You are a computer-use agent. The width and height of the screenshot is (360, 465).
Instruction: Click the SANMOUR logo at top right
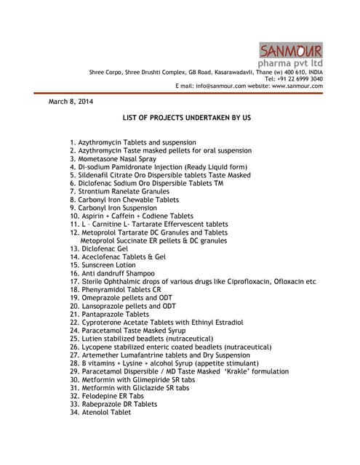pyautogui.click(x=291, y=51)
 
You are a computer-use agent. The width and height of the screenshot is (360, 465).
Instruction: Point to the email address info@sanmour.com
pyautogui.click(x=221, y=86)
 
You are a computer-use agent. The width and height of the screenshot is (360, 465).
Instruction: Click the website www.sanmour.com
pyautogui.click(x=297, y=86)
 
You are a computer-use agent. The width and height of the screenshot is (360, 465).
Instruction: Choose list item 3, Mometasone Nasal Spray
pyautogui.click(x=112, y=158)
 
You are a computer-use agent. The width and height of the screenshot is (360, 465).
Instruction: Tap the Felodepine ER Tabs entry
pyautogui.click(x=107, y=396)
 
